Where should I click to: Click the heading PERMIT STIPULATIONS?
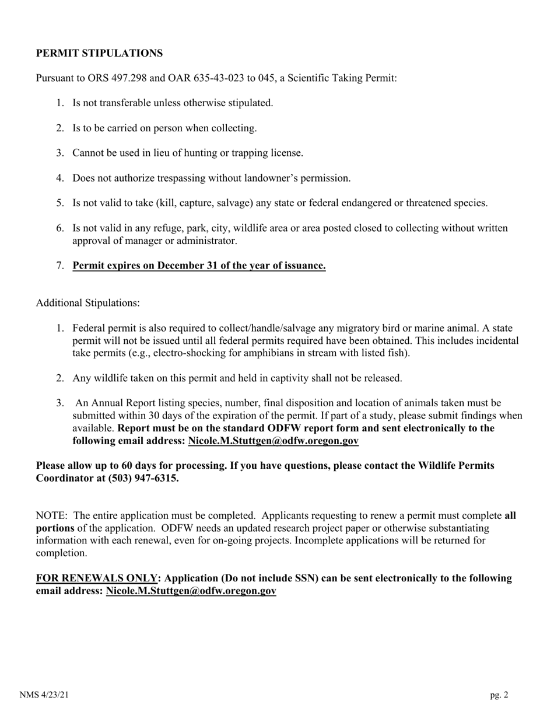point(99,53)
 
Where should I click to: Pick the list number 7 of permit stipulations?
point(60,266)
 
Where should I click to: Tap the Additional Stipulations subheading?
point(88,303)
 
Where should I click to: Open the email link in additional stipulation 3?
point(273,441)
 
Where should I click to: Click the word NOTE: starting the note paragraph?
point(52,515)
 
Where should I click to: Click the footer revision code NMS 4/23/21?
point(44,695)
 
